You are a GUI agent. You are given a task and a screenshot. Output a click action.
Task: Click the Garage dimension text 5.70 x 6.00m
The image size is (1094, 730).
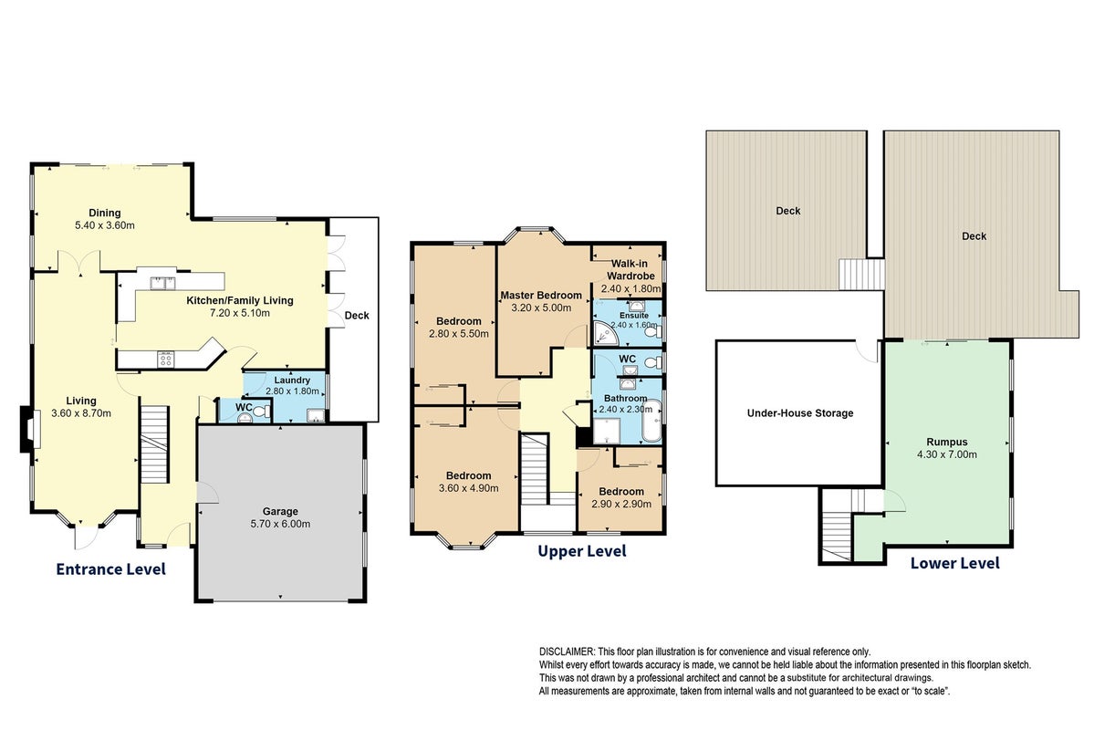(x=280, y=524)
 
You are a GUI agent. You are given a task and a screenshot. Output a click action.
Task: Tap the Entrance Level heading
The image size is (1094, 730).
(x=111, y=568)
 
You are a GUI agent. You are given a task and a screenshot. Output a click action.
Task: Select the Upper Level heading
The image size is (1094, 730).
(x=582, y=551)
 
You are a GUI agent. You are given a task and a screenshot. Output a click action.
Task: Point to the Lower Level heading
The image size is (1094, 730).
(x=955, y=563)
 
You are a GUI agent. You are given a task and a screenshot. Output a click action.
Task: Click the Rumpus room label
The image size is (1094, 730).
(x=947, y=442)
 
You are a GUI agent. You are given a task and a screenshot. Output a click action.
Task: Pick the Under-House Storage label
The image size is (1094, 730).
(x=800, y=413)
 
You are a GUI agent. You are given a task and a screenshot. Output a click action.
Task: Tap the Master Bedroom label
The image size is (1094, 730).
(x=541, y=296)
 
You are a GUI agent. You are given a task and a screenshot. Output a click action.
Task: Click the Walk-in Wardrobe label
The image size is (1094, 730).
(x=630, y=269)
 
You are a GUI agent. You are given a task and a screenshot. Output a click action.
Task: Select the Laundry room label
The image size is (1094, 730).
(x=292, y=381)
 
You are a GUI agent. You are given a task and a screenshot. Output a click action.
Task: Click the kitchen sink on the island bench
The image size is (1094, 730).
(x=161, y=282)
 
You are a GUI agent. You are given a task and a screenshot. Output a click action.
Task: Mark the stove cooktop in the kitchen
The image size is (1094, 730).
(x=167, y=359)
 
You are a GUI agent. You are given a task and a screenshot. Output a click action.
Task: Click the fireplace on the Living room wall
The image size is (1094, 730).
(x=27, y=429)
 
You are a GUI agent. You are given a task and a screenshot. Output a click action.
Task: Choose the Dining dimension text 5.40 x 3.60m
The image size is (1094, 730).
(x=105, y=225)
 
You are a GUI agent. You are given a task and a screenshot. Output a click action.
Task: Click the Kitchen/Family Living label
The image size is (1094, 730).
(x=239, y=301)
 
